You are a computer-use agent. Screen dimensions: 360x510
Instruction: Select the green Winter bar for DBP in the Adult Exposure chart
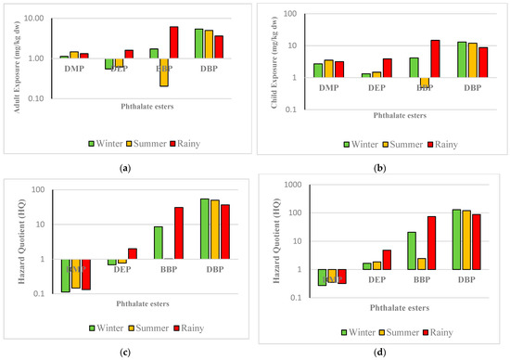click(198, 44)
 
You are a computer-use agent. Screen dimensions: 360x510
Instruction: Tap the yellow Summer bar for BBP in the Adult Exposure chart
click(164, 72)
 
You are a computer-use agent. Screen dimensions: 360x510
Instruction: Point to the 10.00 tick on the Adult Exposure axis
click(43, 19)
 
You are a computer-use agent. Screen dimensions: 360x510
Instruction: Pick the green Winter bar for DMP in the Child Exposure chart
click(318, 70)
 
